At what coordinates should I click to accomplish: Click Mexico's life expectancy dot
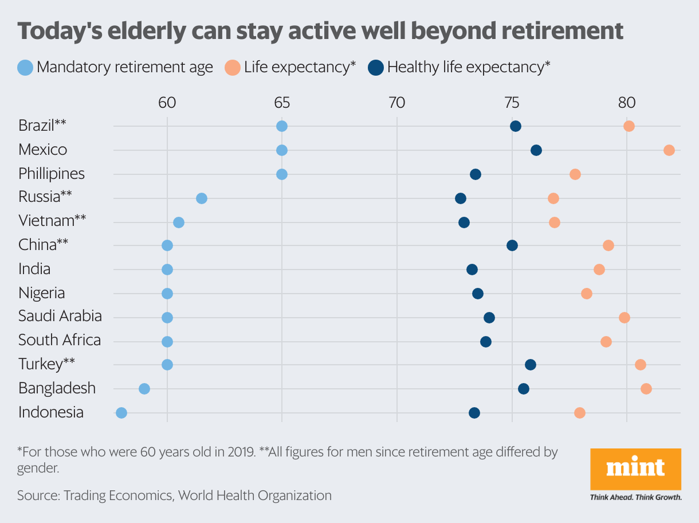tap(669, 150)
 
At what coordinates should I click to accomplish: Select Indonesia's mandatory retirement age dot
tap(121, 413)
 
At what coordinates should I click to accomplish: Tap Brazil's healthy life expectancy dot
tap(516, 126)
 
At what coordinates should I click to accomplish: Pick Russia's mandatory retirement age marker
tap(202, 198)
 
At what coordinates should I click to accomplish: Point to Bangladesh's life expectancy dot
tap(646, 389)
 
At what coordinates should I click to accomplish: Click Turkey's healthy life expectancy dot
tap(531, 365)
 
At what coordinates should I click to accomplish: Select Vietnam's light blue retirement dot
tap(179, 223)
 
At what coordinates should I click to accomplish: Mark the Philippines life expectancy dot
tap(575, 174)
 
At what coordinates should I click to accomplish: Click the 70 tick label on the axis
tap(396, 103)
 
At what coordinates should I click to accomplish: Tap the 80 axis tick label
tap(626, 103)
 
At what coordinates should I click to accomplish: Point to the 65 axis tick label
tap(282, 103)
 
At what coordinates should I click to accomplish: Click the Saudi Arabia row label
tap(60, 316)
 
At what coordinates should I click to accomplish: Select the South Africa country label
tap(60, 340)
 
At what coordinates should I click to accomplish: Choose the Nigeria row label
tap(42, 293)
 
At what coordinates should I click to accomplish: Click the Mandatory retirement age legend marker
tap(25, 68)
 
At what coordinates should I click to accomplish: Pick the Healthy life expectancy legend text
tap(469, 68)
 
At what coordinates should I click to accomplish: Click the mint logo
tap(635, 469)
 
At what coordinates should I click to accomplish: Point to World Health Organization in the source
tap(254, 495)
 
